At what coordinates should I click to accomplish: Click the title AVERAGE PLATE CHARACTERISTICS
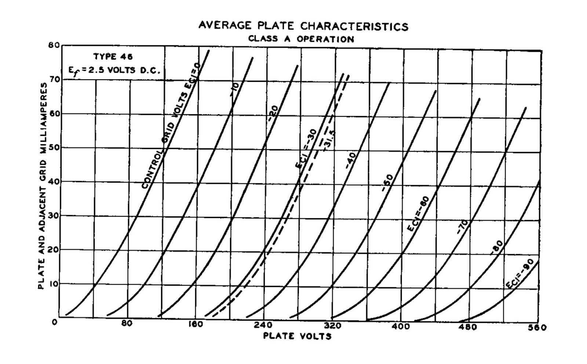pos(303,26)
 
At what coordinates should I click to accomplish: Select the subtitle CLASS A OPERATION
pos(301,39)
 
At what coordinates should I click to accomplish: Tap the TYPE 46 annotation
pos(113,57)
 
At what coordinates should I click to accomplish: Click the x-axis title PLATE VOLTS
pos(297,336)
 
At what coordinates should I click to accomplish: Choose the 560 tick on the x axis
pos(538,327)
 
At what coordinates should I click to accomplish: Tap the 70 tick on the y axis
pos(54,79)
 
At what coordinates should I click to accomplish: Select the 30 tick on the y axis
pos(54,216)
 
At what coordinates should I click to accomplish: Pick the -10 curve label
pos(234,89)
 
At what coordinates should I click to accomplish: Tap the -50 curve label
pos(387,183)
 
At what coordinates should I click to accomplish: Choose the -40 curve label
pos(350,161)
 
